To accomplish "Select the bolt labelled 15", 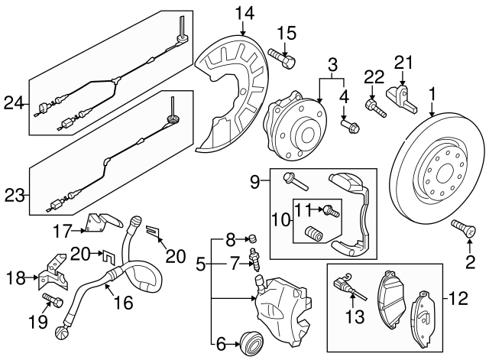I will [282, 56].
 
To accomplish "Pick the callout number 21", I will [402, 62].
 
